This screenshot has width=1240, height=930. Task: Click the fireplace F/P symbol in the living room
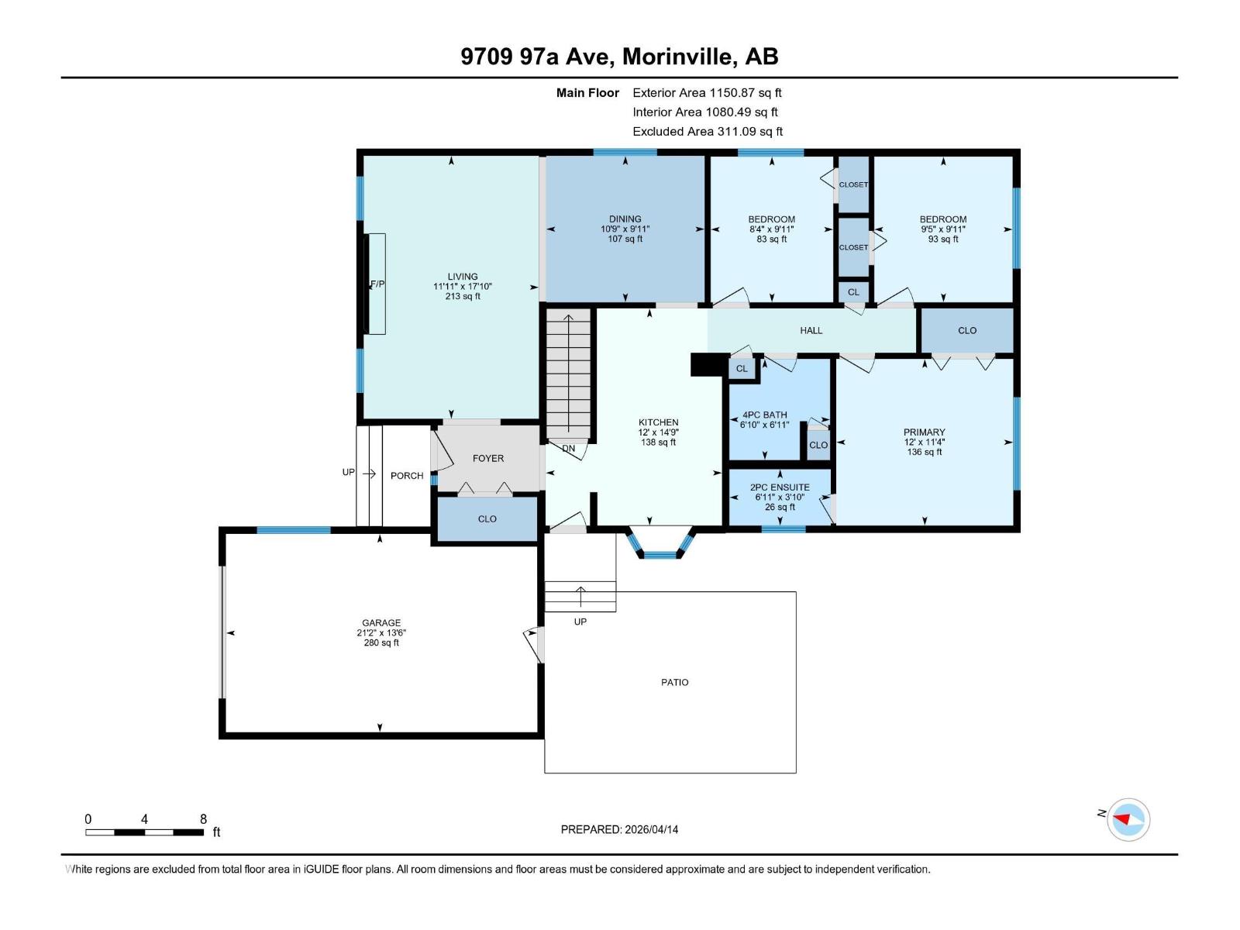click(x=376, y=284)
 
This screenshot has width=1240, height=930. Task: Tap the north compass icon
click(x=1128, y=819)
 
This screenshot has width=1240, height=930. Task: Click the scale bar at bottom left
click(x=145, y=832)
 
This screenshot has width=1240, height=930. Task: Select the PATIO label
click(x=674, y=682)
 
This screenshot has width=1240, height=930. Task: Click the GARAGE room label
click(x=381, y=622)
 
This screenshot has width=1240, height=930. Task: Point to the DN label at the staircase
click(x=569, y=449)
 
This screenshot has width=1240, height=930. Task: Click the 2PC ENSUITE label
click(x=780, y=487)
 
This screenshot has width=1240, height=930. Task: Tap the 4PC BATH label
click(x=764, y=415)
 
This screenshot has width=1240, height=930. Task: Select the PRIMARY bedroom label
click(x=924, y=432)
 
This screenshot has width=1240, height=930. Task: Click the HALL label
click(x=811, y=330)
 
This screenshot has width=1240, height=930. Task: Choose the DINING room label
click(x=625, y=219)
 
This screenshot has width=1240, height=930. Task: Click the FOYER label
click(x=488, y=458)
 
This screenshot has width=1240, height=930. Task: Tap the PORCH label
click(x=407, y=476)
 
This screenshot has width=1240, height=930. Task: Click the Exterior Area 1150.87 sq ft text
click(x=707, y=92)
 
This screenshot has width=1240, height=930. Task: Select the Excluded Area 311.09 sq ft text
click(x=708, y=131)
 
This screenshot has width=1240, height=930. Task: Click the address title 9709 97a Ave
click(x=619, y=56)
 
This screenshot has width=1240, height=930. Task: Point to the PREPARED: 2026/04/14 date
click(x=619, y=829)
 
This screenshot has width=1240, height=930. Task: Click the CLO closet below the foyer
click(x=487, y=518)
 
